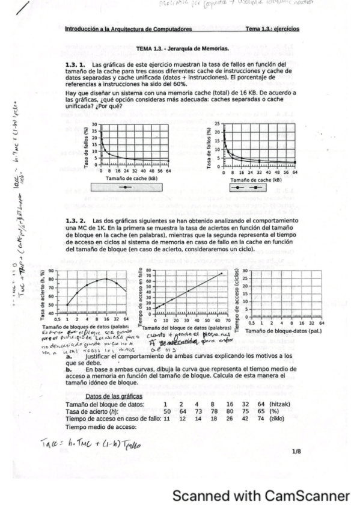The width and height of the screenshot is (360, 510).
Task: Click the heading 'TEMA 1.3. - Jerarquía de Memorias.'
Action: point(182,48)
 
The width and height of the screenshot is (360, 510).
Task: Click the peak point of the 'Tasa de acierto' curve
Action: point(106,278)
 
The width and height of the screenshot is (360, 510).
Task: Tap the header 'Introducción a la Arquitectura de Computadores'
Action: point(127,29)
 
